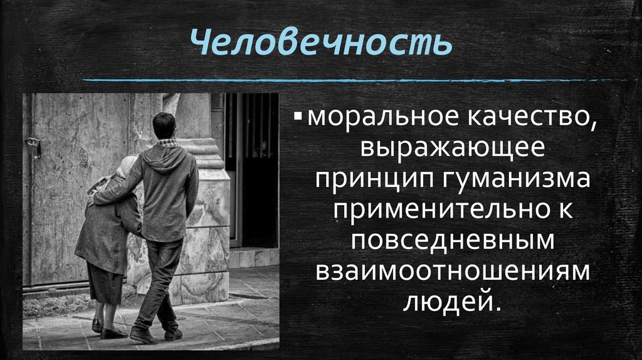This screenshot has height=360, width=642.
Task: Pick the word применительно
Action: coord(439,211)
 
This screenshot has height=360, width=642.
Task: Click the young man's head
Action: coord(164,126)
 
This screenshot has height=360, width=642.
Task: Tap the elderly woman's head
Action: coord(127,169)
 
